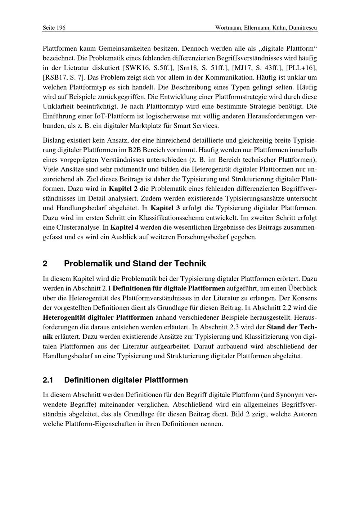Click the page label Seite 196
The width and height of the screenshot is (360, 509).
click(x=54, y=28)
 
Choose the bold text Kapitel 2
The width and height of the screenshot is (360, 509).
click(x=123, y=188)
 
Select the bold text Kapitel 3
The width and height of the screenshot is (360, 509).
click(x=165, y=208)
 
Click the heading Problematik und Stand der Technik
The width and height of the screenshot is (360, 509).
click(x=135, y=263)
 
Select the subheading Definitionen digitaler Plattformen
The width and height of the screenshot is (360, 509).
click(x=126, y=380)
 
